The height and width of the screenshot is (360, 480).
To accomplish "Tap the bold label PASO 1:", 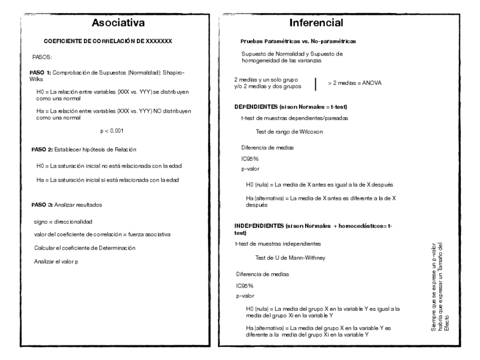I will [41, 74].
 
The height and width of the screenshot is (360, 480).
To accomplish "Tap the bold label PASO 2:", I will [42, 149].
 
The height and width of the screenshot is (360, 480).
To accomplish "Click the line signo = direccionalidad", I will [63, 222].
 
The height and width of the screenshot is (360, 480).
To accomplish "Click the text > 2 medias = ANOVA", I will [355, 83].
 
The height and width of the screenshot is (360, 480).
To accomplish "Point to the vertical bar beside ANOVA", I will [315, 83].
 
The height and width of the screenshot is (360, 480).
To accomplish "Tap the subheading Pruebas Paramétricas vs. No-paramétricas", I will [298, 41].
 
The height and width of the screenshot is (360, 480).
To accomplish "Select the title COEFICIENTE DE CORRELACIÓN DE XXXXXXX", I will [108, 41].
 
